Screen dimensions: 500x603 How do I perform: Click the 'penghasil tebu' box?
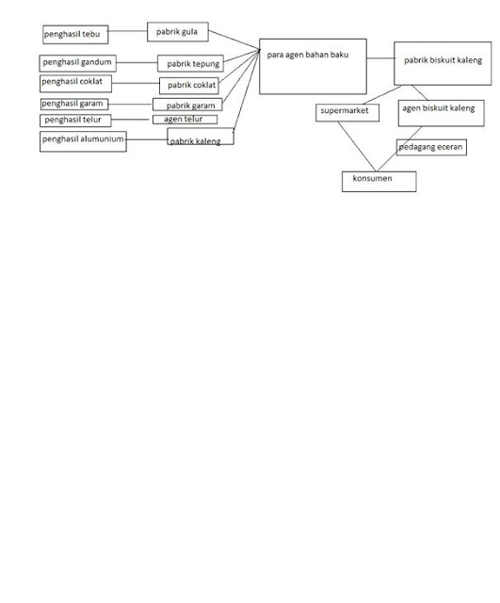tap(75, 35)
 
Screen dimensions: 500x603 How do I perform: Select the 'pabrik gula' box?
tap(178, 32)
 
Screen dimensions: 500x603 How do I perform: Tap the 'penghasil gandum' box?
tap(77, 63)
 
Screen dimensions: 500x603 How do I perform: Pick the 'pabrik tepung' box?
tap(190, 63)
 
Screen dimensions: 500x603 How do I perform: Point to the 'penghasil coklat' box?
tap(75, 84)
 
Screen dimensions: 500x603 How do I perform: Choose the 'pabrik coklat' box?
tap(189, 86)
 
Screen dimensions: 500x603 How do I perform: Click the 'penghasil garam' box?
tap(74, 105)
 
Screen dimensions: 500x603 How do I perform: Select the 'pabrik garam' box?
tap(187, 105)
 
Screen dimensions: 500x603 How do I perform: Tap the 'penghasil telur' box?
tap(75, 121)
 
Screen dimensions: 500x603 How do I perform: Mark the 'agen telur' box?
tap(185, 120)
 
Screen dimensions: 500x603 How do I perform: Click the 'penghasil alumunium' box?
tap(83, 141)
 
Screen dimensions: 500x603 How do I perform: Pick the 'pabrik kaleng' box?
tap(201, 137)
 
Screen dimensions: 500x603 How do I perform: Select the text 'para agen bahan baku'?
tap(308, 55)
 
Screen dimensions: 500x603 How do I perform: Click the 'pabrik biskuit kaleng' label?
tap(443, 60)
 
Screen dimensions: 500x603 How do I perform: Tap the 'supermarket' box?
tap(347, 113)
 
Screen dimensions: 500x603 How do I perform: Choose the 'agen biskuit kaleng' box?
tap(442, 113)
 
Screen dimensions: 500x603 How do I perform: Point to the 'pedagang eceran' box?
tap(431, 147)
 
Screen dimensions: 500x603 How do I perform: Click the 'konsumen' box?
tap(379, 182)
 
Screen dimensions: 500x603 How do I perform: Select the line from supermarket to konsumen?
tap(357, 147)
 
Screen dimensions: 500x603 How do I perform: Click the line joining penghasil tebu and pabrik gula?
tap(128, 31)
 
